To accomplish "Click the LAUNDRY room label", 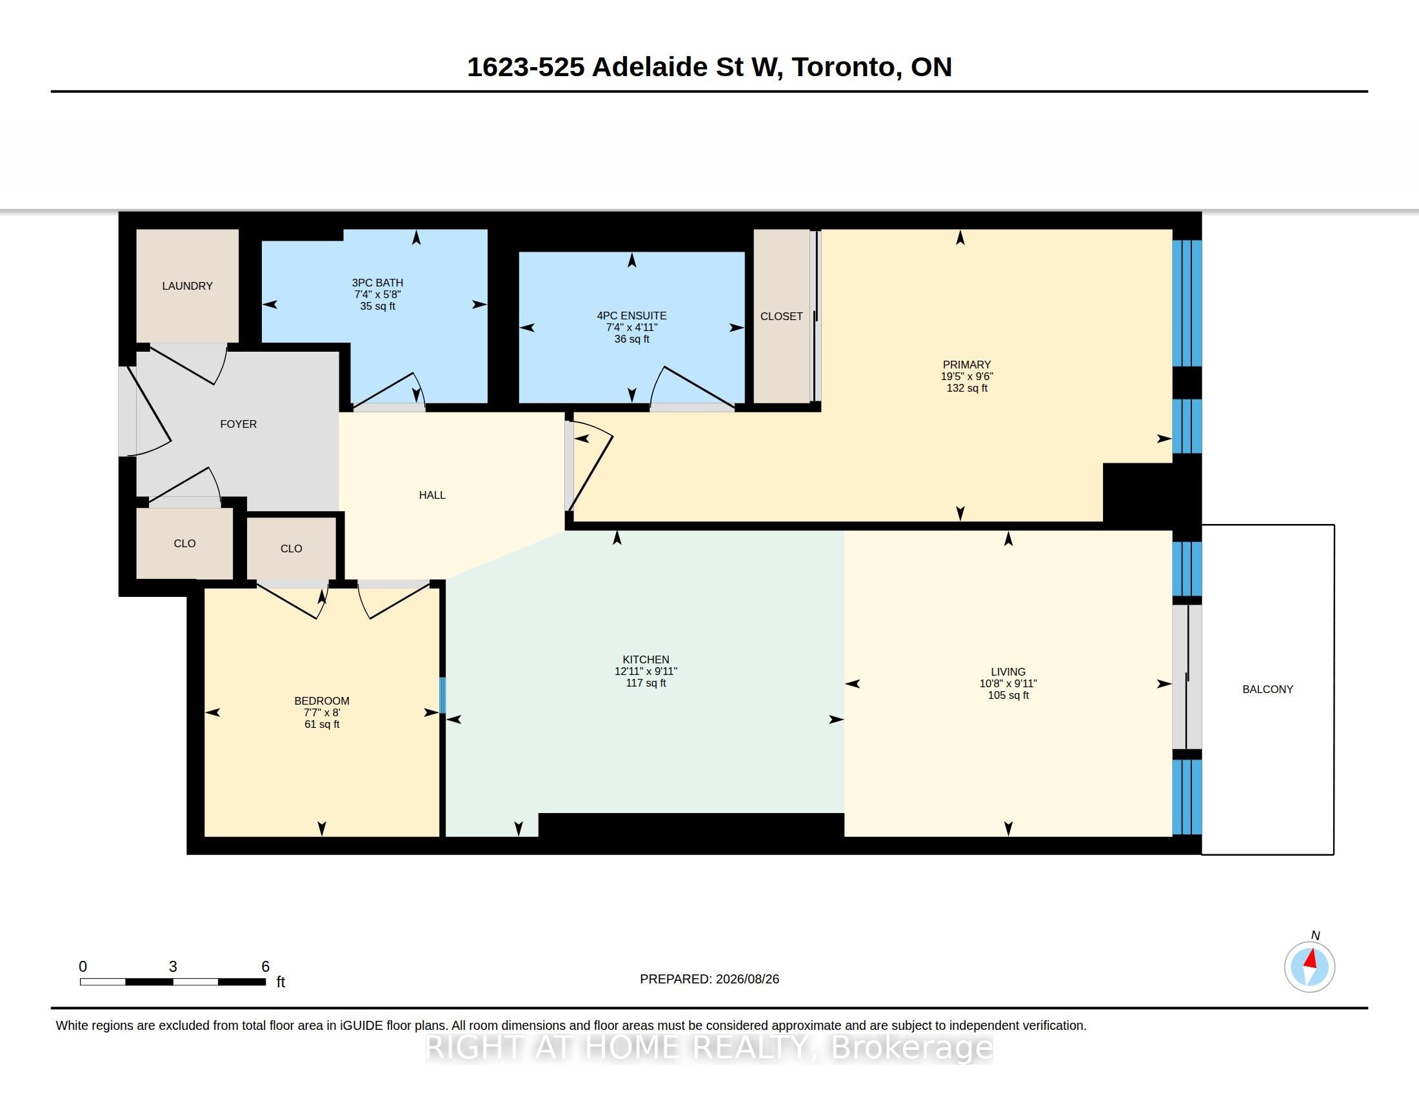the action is [x=187, y=286].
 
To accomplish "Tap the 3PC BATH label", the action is [x=377, y=283].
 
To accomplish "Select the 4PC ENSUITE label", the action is [x=631, y=316].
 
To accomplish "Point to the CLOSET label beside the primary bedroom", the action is [x=782, y=316].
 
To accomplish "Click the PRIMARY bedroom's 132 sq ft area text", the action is [x=967, y=388].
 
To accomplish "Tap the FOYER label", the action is [x=239, y=424].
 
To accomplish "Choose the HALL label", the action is [x=432, y=495].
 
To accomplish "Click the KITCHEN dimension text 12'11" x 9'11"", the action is [x=646, y=671].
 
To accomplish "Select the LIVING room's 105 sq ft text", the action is [x=1008, y=696].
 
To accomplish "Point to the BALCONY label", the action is [x=1267, y=690].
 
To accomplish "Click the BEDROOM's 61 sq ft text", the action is [x=322, y=725].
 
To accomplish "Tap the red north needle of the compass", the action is [x=1311, y=958].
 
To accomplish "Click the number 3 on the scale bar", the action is [x=173, y=967].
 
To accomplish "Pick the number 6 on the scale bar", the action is [x=265, y=967].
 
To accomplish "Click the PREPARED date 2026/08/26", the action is [x=747, y=979].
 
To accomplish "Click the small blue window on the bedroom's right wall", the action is [x=442, y=696].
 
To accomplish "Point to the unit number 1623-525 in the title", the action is [x=526, y=67].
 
